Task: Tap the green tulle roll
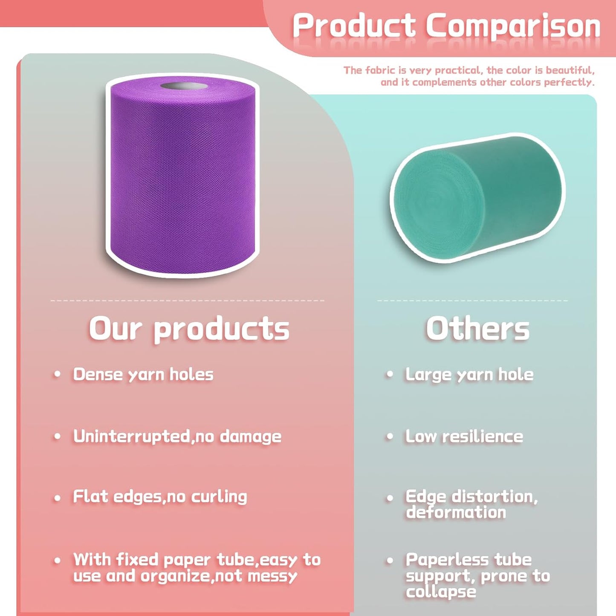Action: tap(477, 198)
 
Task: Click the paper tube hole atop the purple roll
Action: tap(184, 87)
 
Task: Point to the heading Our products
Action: tap(189, 329)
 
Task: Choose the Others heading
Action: tap(477, 329)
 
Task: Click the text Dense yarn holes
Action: tap(143, 374)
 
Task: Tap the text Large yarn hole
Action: tap(469, 374)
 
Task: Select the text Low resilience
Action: tap(464, 436)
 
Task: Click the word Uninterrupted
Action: tap(131, 436)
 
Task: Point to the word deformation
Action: tap(456, 512)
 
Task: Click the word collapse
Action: tap(441, 592)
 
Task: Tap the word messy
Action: tap(272, 576)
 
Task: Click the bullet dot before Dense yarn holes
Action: tap(57, 374)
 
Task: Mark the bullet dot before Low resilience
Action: tap(389, 437)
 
